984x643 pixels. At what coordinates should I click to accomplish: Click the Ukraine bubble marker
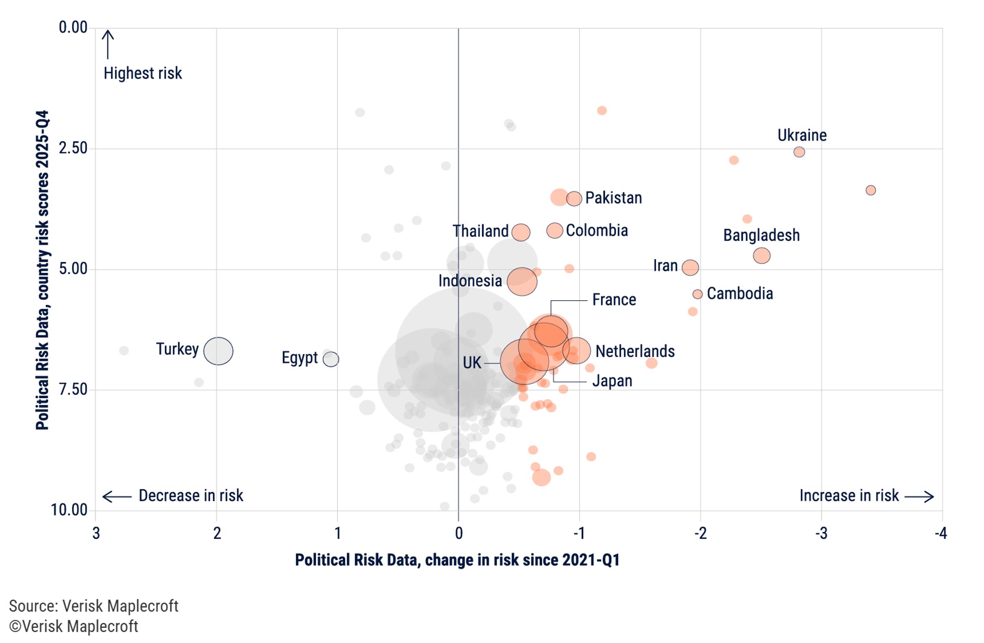(x=798, y=152)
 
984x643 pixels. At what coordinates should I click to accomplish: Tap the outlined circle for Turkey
(x=218, y=351)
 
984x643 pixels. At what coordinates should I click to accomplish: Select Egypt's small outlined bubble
(x=330, y=359)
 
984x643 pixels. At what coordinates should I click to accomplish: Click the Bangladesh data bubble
(x=761, y=255)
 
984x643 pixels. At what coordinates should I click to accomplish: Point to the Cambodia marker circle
(x=697, y=294)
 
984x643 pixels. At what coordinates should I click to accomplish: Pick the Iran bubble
(x=690, y=267)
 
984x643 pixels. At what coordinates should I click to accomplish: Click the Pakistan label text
(x=613, y=198)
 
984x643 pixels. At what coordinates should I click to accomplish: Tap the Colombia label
(x=596, y=230)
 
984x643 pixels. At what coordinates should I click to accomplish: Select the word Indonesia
(x=470, y=281)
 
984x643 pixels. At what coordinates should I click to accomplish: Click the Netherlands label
(x=634, y=351)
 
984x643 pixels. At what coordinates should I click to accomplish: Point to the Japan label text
(x=612, y=381)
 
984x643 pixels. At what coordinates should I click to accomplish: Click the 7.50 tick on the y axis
(x=73, y=389)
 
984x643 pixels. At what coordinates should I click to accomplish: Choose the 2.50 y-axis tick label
(x=73, y=148)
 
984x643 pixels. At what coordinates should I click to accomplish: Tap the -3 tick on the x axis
(x=820, y=533)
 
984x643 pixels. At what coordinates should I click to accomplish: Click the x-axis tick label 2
(x=217, y=533)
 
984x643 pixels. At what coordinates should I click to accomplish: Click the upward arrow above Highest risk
(x=108, y=44)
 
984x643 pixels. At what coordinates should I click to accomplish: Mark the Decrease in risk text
(x=190, y=495)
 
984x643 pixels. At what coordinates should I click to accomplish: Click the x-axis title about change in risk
(x=457, y=560)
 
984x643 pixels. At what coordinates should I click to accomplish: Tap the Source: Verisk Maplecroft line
(x=94, y=606)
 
